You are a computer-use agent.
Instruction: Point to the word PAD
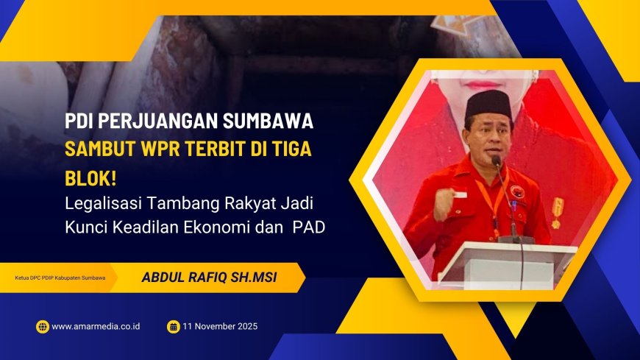pos(309,227)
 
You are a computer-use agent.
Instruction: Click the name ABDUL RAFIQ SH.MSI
pos(203,278)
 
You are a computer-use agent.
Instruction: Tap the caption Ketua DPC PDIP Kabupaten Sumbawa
pos(60,278)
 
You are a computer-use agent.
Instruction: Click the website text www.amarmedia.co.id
pos(96,326)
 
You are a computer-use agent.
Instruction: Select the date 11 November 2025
pos(221,326)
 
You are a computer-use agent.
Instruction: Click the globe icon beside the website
pos(42,326)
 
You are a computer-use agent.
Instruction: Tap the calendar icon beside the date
pos(174,326)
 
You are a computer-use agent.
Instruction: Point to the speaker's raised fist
pos(444,203)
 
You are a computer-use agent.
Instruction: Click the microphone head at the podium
pos(497,161)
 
